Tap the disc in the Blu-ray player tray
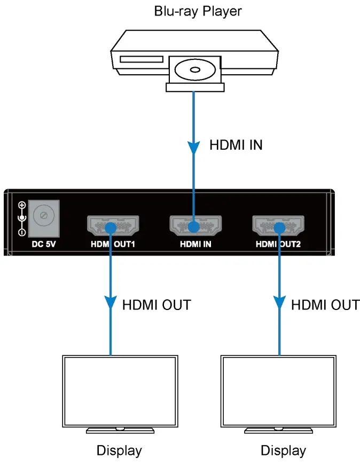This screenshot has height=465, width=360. click(x=193, y=69)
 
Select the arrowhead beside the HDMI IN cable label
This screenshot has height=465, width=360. click(x=193, y=146)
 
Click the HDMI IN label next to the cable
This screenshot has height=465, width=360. click(x=236, y=145)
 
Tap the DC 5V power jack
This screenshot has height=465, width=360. click(x=42, y=216)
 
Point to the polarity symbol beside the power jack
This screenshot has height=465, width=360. click(x=22, y=219)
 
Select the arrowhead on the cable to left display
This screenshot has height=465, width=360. click(x=110, y=303)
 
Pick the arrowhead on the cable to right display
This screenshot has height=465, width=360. click(x=278, y=303)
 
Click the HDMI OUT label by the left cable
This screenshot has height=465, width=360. click(x=156, y=305)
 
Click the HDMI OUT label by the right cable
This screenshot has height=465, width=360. click(x=325, y=305)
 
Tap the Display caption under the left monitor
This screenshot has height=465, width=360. click(x=119, y=451)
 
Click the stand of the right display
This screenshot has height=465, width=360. click(x=278, y=429)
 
